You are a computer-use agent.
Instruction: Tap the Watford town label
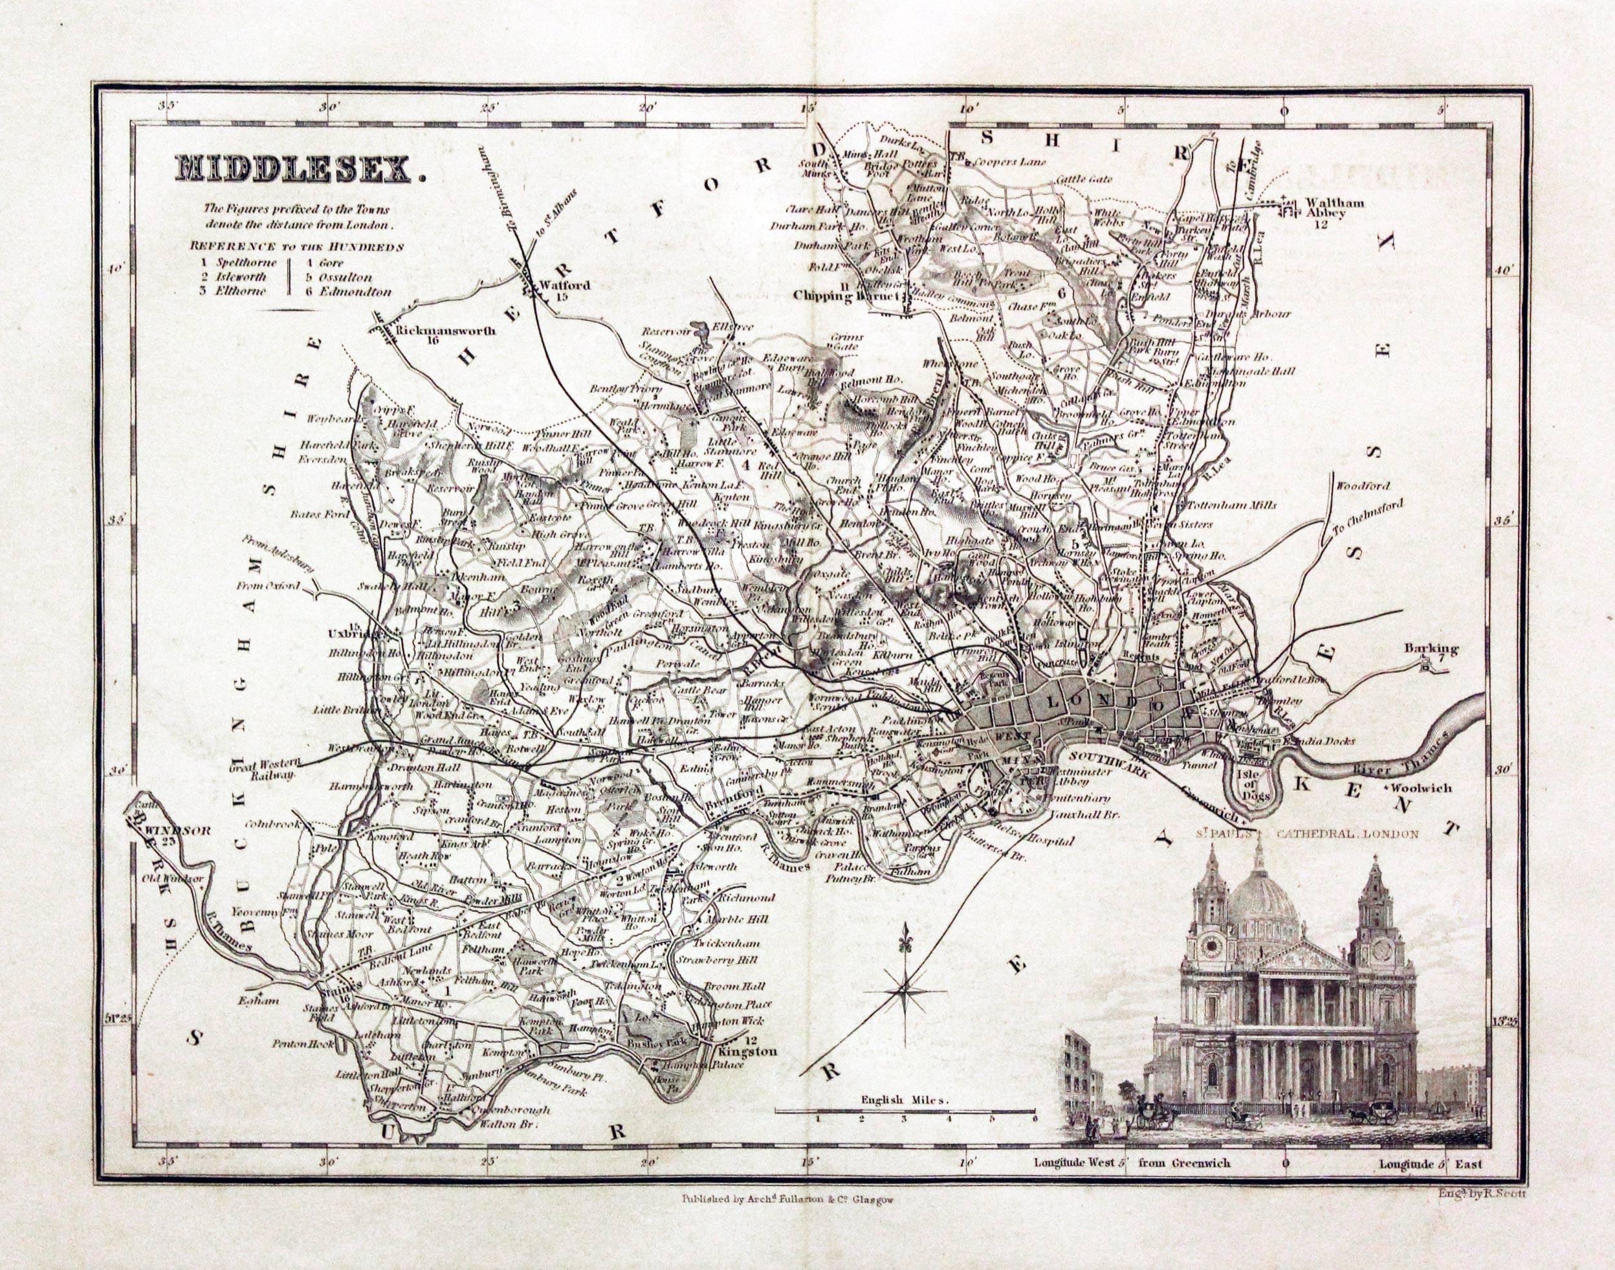click(555, 285)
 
